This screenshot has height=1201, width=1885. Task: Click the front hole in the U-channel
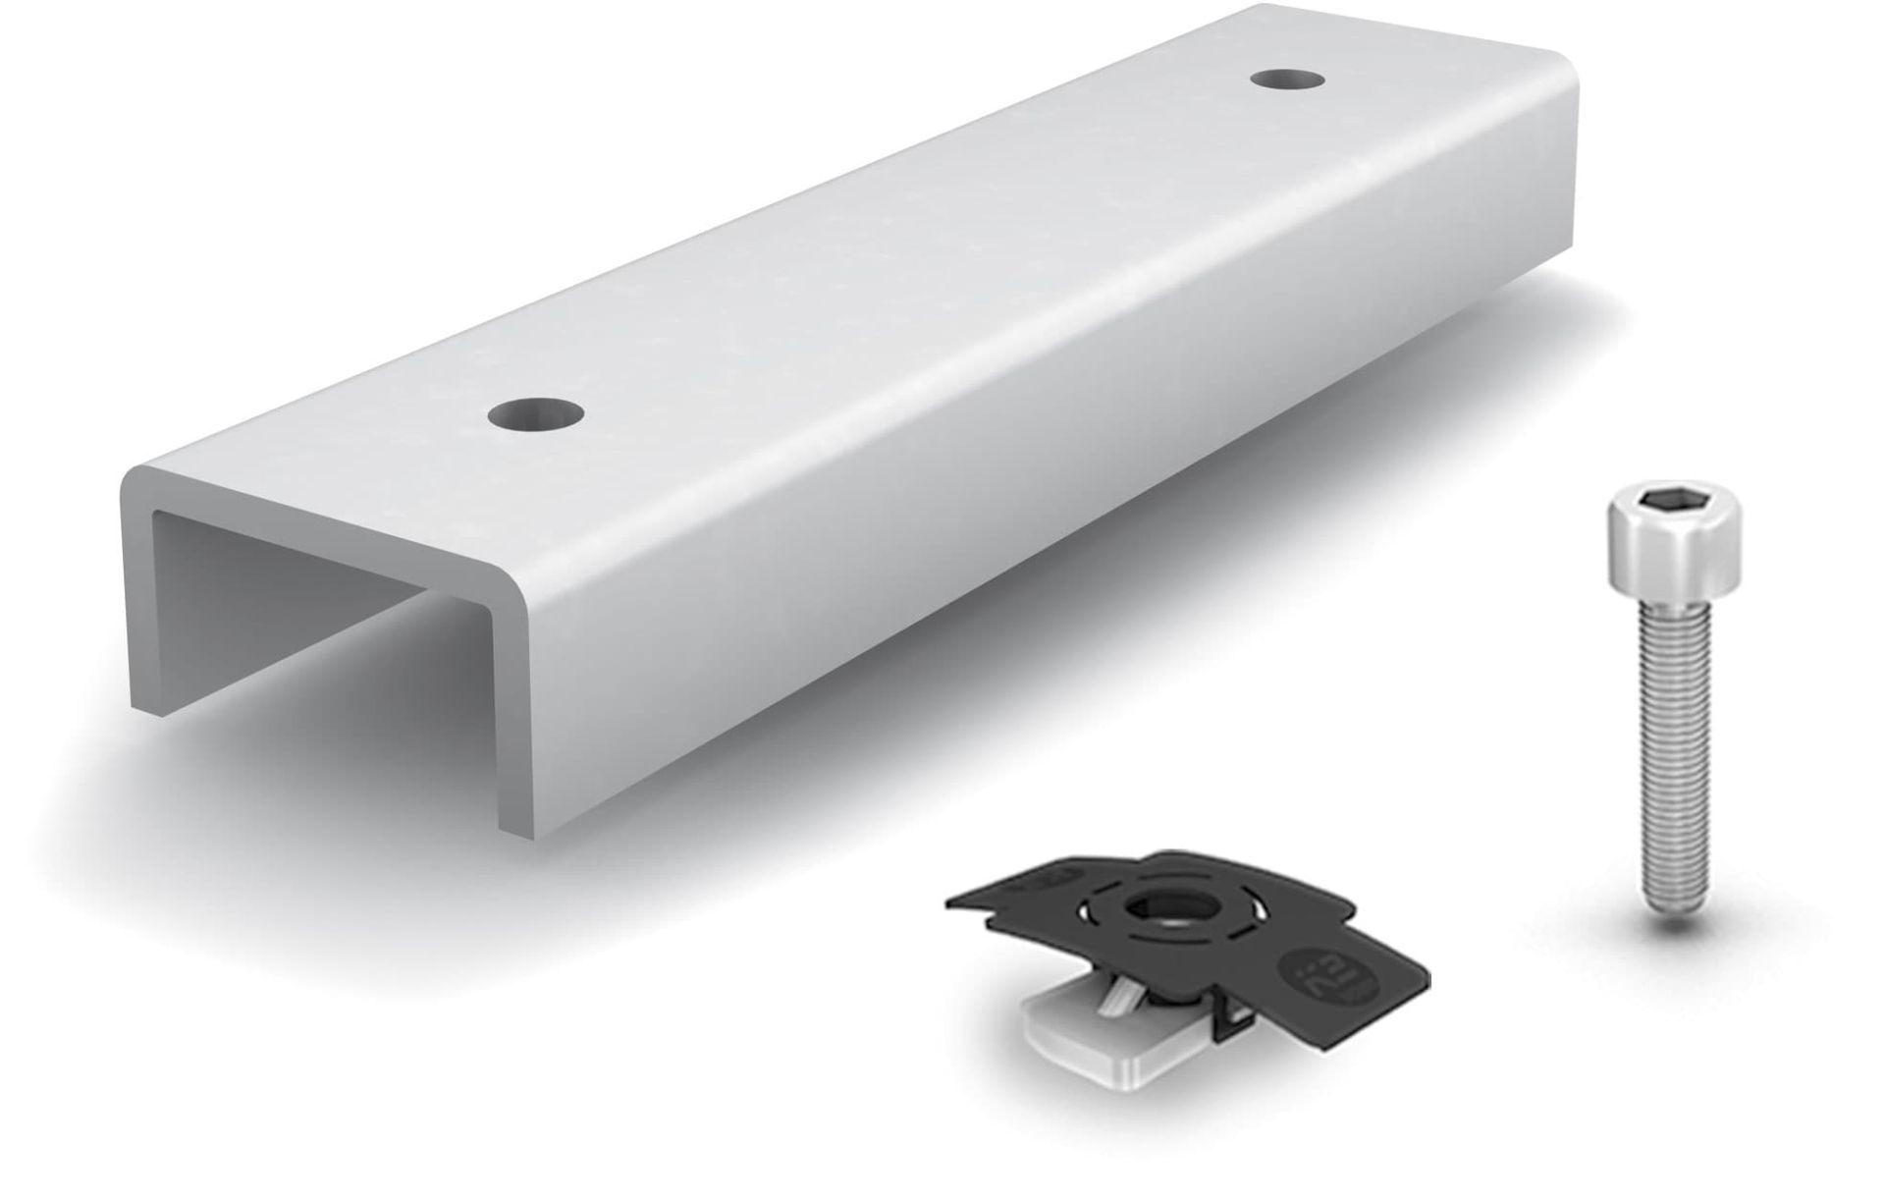coord(534,413)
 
